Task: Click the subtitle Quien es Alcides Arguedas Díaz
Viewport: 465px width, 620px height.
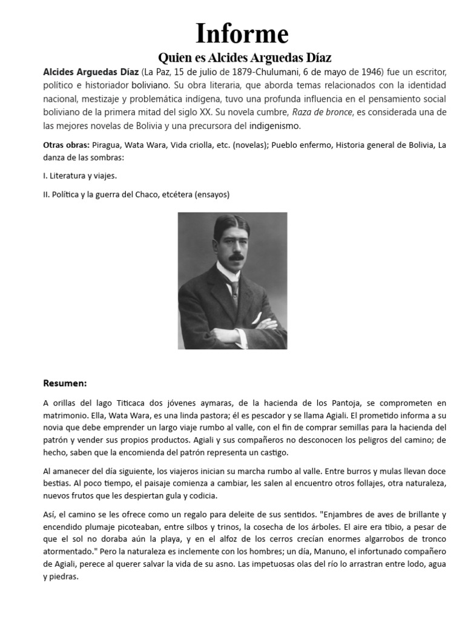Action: (x=245, y=58)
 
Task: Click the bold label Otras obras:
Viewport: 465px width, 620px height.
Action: (x=67, y=145)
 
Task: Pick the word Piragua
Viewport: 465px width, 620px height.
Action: (x=108, y=145)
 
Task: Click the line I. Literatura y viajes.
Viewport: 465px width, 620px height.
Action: (x=80, y=176)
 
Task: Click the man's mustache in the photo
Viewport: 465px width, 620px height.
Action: (x=234, y=257)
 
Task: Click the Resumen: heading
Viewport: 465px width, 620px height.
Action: (x=65, y=383)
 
